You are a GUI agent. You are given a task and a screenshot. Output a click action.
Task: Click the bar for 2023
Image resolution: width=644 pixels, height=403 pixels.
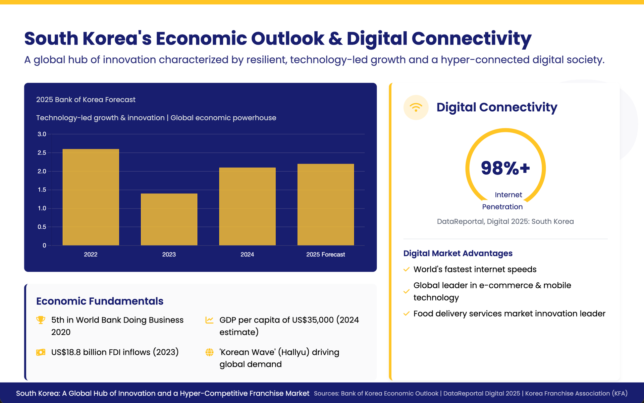pyautogui.click(x=169, y=219)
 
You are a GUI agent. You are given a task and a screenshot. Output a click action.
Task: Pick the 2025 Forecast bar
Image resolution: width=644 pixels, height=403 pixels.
pyautogui.click(x=325, y=205)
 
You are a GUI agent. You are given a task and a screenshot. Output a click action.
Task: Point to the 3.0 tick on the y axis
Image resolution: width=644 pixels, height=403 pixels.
pyautogui.click(x=42, y=134)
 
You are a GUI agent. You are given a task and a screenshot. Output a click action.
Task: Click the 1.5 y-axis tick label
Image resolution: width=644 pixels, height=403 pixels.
pyautogui.click(x=42, y=190)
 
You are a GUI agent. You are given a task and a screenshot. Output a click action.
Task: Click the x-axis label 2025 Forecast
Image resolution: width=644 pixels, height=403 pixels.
pyautogui.click(x=325, y=254)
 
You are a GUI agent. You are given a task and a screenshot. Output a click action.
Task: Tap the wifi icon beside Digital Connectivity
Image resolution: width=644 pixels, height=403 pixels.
pyautogui.click(x=416, y=108)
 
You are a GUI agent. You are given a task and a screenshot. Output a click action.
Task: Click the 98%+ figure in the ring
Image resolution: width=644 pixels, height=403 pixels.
pyautogui.click(x=505, y=168)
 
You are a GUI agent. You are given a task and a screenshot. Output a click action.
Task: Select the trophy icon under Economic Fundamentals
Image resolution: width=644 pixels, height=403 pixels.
pyautogui.click(x=41, y=320)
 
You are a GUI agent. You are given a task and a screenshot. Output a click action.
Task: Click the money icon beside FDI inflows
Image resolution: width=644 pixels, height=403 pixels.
pyautogui.click(x=41, y=352)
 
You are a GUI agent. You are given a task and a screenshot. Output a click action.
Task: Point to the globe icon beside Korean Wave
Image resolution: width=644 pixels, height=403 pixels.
pyautogui.click(x=209, y=352)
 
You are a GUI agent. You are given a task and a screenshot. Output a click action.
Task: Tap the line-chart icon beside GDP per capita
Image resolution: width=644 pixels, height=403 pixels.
pyautogui.click(x=209, y=320)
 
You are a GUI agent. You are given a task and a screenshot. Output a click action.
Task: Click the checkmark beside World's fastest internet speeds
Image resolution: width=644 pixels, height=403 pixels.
pyautogui.click(x=407, y=269)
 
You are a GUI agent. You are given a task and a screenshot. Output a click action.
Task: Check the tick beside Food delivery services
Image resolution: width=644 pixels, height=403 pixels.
pyautogui.click(x=407, y=313)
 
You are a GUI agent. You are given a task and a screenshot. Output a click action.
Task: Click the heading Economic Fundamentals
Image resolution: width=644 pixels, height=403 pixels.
pyautogui.click(x=100, y=301)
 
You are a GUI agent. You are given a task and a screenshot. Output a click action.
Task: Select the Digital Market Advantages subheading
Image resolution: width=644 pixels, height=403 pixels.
pyautogui.click(x=458, y=253)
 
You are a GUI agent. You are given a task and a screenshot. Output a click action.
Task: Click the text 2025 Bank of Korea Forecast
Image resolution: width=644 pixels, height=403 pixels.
pyautogui.click(x=86, y=100)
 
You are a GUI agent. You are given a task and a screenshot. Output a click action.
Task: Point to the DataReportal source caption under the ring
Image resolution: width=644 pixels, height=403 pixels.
pyautogui.click(x=505, y=222)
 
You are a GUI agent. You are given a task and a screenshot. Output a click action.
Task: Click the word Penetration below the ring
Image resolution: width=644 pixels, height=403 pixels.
pyautogui.click(x=502, y=207)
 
